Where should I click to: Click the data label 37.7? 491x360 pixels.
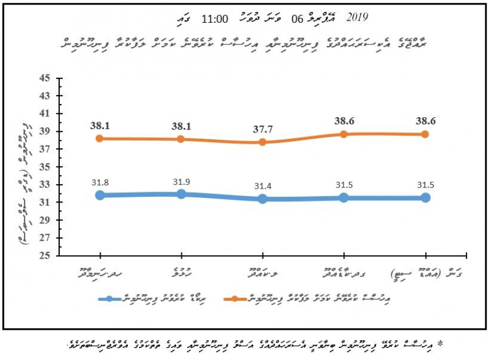pos(263,129)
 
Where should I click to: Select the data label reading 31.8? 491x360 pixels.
pos(100,182)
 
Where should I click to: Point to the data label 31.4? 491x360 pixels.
pos(263,186)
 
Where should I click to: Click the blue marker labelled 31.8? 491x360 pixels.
pos(100,195)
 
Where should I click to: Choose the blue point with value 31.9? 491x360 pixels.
pos(181,194)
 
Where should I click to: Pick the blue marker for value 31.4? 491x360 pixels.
pos(263,199)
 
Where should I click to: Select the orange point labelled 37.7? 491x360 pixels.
pos(263,142)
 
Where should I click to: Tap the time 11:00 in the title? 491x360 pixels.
pos(215,18)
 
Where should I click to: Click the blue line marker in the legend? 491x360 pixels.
pos(111,299)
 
